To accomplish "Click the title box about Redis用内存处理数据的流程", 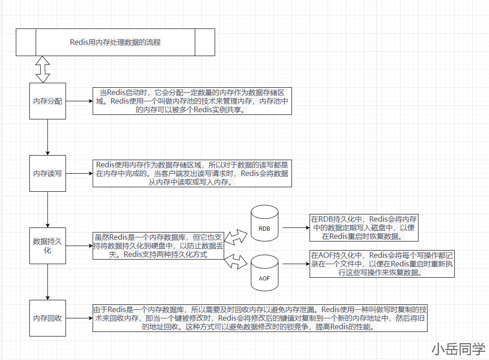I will pos(115,43).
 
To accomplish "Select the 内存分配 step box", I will pos(47,101).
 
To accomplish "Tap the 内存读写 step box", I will pos(47,173).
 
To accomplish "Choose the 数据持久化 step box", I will pos(47,246).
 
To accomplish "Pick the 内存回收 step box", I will pos(47,318).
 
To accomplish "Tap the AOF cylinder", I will pos(264,273).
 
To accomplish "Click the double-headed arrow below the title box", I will pos(42,69).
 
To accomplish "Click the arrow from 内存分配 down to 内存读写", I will pos(47,137).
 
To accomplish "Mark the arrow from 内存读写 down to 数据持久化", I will pos(47,209).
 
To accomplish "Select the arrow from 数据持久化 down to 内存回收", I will pos(47,282).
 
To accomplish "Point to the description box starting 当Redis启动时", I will pos(192,101).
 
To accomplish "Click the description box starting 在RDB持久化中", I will pos(364,227).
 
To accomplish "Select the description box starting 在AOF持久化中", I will pos(382,264).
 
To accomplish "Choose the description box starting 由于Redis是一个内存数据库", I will pos(260,318).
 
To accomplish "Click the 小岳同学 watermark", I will pos(458,349).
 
